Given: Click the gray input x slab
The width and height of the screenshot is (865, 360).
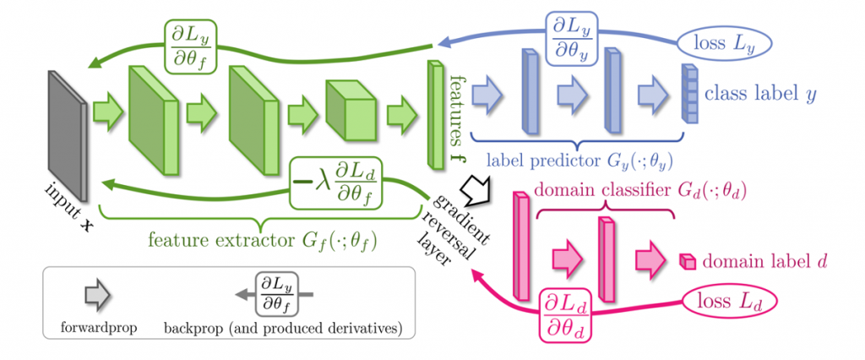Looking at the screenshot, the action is tap(68, 136).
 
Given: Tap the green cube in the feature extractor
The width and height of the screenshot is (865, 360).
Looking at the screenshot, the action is tap(351, 109).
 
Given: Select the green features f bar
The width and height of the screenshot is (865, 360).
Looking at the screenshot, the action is tap(436, 114).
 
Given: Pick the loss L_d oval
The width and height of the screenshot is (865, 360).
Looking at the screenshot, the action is tap(731, 303).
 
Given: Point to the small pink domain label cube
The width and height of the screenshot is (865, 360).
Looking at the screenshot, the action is tap(687, 260).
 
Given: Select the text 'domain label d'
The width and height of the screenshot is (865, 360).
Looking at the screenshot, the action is tap(764, 260).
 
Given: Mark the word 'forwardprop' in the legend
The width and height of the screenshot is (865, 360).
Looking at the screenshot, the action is tap(98, 329).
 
